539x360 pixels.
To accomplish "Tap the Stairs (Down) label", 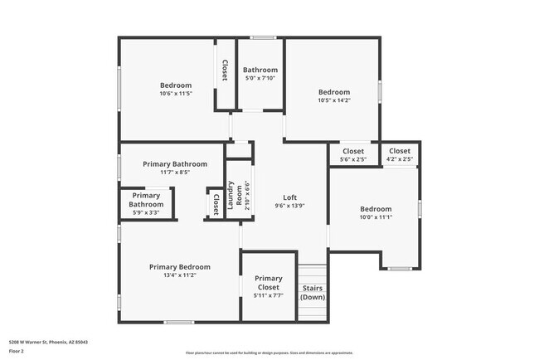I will (x=312, y=293).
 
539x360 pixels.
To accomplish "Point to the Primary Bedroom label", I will (x=179, y=267).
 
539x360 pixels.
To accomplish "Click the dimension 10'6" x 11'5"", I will (x=176, y=94).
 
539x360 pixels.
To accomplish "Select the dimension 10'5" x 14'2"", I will (x=334, y=100).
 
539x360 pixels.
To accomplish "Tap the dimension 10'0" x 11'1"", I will (x=375, y=217).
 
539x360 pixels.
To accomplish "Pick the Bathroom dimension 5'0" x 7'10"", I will (x=260, y=79).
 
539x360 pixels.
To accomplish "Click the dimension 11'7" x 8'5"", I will (x=174, y=173).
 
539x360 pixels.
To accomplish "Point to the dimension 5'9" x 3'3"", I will (x=146, y=212).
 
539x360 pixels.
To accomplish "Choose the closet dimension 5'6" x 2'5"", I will (x=353, y=159).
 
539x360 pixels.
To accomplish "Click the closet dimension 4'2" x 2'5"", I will (x=399, y=159).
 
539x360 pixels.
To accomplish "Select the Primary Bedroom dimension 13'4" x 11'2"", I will (x=179, y=275).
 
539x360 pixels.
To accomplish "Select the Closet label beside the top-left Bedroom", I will (x=224, y=70).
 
